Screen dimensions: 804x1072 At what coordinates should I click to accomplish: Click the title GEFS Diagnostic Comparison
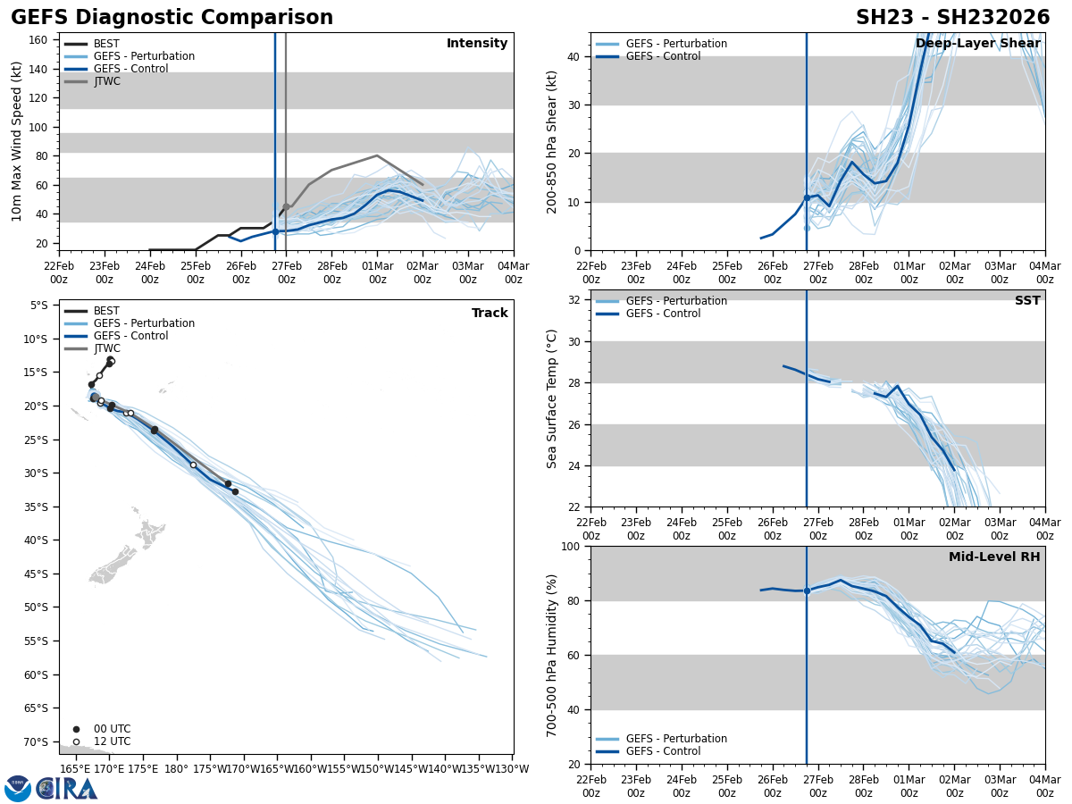pos(172,18)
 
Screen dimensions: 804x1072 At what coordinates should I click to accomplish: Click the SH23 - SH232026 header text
pos(952,18)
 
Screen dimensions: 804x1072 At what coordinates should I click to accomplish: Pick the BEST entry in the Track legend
pos(106,311)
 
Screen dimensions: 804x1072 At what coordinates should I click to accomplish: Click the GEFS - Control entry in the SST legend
pos(663,314)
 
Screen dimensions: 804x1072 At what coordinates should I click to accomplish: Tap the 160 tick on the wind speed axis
pos(38,40)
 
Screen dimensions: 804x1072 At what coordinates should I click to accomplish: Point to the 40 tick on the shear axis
pos(574,56)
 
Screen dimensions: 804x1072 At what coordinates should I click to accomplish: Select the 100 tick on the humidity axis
pos(570,547)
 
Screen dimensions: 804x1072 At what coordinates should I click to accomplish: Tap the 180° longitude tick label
pos(176,768)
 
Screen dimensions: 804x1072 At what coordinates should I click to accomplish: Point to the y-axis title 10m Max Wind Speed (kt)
pos(17,141)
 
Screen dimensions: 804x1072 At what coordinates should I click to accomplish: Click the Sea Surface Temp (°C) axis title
pos(552,398)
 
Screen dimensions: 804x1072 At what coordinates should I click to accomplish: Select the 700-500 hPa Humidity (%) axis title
pos(552,655)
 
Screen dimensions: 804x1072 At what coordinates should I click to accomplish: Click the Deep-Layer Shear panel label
pos(977,44)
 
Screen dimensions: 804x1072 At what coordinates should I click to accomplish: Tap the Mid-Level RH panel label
pos(993,557)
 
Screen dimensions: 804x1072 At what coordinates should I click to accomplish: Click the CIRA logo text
pos(67,788)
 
